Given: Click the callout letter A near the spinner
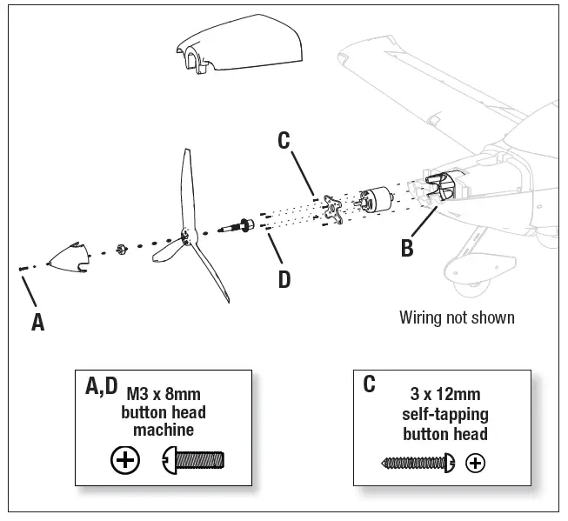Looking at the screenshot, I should coord(37,322).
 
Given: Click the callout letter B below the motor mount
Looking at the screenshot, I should coord(406,248).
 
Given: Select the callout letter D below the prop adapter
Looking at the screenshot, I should coord(284,279).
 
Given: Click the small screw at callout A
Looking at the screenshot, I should coord(22,270).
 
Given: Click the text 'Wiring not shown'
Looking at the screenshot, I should coord(456,317).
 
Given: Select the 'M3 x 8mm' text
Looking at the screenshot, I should coord(163,393).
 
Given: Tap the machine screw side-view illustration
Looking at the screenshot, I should coord(193,459).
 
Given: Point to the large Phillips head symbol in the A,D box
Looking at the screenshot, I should coord(126,460).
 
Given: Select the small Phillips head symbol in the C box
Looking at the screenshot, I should coord(475,463).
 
